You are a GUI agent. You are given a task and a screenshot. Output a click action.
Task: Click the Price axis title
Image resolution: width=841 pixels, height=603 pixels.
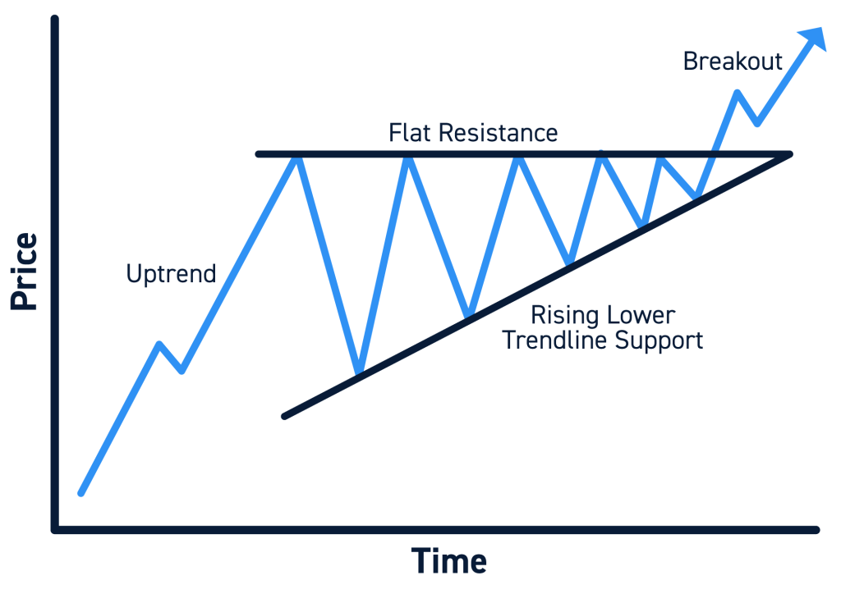coord(25,272)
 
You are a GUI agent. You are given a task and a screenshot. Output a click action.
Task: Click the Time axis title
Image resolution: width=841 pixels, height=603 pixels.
coord(448,562)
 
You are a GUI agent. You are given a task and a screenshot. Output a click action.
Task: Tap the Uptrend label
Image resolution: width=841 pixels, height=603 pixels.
coord(171,273)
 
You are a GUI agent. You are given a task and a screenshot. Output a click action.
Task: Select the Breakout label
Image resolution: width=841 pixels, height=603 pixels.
coord(733,62)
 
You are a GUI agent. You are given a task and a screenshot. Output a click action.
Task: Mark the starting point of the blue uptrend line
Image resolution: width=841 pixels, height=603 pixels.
coord(80,493)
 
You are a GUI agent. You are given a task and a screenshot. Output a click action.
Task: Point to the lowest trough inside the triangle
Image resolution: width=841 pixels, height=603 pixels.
coord(358,374)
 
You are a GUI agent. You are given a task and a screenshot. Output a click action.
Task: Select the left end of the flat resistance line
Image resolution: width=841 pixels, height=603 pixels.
coord(258,153)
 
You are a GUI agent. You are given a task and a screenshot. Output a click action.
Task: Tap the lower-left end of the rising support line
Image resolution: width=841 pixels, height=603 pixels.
coord(284,416)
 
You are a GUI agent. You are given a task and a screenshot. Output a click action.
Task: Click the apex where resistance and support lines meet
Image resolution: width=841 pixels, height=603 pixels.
coord(789,153)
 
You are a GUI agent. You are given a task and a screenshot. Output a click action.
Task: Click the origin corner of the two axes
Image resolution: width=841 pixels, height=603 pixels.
coord(55,529)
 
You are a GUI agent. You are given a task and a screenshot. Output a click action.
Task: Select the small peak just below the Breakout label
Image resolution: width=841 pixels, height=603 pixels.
coord(737,92)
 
